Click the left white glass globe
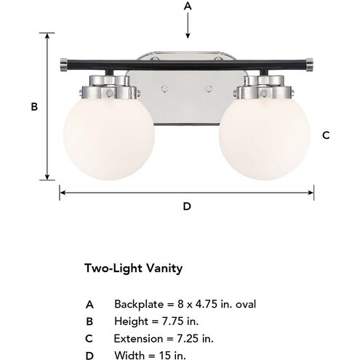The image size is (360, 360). (x=109, y=139)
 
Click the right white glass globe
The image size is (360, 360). (x=264, y=139)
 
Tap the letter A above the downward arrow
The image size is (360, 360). (x=188, y=6)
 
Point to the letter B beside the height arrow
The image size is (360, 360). (x=34, y=107)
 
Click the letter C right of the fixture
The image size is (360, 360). (x=326, y=135)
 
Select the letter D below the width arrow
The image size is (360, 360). (x=187, y=207)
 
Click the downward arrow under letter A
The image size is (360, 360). (x=188, y=25)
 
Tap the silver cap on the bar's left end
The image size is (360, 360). (x=63, y=65)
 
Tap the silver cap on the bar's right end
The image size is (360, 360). (x=310, y=65)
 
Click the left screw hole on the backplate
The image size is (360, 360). (x=164, y=89)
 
